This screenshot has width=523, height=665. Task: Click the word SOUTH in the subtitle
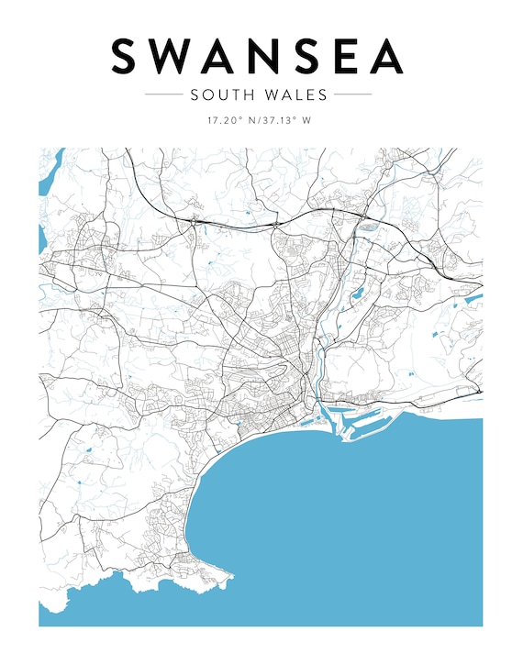point(219,94)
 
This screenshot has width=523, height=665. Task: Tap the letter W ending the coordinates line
point(306,120)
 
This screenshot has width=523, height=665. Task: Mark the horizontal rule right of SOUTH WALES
point(352,94)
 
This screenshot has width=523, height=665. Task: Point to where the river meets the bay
point(317,409)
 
